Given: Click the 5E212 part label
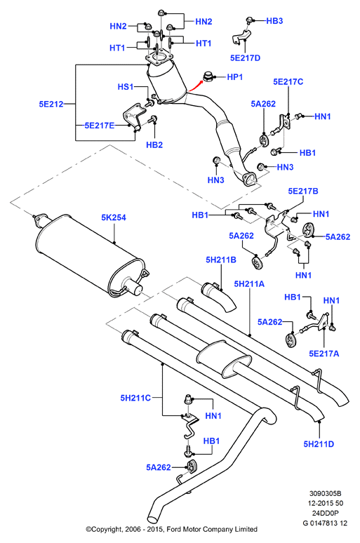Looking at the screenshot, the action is (51, 104).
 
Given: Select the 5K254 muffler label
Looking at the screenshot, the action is (114, 217).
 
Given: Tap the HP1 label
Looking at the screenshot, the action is (234, 77).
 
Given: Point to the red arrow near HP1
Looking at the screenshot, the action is (195, 86).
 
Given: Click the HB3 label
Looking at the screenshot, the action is (274, 21).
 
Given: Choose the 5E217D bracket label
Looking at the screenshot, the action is (245, 58).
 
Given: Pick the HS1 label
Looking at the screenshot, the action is (126, 86).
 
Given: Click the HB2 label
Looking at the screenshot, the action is (154, 145).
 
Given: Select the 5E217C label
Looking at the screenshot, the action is (288, 81).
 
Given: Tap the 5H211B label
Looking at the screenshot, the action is (221, 260).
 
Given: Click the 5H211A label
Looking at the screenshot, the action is (249, 284).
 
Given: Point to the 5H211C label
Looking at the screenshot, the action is (135, 398).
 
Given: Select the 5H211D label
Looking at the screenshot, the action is (319, 444).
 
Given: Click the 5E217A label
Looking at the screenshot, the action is (324, 354).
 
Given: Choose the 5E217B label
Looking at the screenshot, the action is (303, 191).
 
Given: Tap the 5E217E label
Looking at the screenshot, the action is (100, 126).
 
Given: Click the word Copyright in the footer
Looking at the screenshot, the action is (106, 530).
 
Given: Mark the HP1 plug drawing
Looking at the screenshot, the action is (208, 76).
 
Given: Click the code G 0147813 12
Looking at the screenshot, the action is (325, 523).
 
